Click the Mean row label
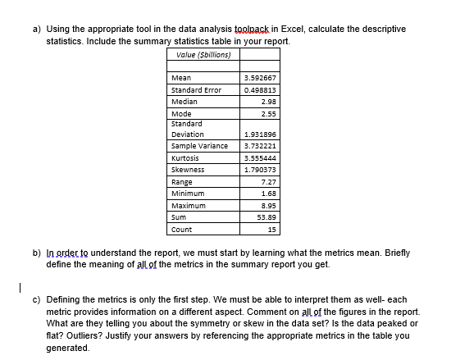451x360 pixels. [x=181, y=78]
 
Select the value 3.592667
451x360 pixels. [x=260, y=78]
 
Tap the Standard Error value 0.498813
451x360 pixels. [x=260, y=89]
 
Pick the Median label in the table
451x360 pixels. [x=184, y=101]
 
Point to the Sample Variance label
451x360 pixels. [x=199, y=146]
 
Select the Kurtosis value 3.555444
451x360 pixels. [x=260, y=157]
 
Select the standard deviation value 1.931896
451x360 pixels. [x=260, y=134]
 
